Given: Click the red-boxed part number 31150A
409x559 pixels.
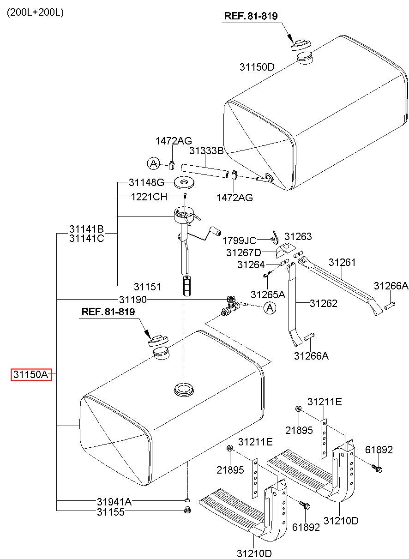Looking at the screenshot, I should pyautogui.click(x=31, y=374).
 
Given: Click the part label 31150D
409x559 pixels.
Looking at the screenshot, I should pyautogui.click(x=257, y=66).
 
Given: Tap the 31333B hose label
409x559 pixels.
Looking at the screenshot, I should pyautogui.click(x=206, y=150).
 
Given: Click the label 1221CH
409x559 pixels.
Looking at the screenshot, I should pyautogui.click(x=149, y=197).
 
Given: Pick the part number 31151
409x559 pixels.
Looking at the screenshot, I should pyautogui.click(x=147, y=287).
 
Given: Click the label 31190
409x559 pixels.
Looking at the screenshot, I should pyautogui.click(x=132, y=300).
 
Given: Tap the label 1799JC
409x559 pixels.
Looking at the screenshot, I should pyautogui.click(x=239, y=240).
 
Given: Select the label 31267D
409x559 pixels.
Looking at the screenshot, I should pyautogui.click(x=243, y=252).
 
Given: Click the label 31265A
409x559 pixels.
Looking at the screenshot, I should pyautogui.click(x=268, y=294).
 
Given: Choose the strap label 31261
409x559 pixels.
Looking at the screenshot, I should pyautogui.click(x=342, y=262).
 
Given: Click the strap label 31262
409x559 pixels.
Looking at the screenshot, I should pyautogui.click(x=323, y=303).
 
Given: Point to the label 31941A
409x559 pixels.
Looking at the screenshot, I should pyautogui.click(x=114, y=502).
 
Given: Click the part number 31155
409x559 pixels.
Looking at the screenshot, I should pyautogui.click(x=110, y=511).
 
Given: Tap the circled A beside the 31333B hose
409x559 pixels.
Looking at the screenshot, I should pyautogui.click(x=153, y=163).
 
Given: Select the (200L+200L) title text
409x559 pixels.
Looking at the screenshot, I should pyautogui.click(x=35, y=12).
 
